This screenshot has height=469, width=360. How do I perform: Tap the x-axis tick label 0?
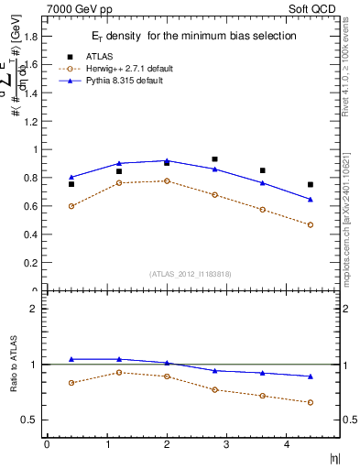pos(47,444)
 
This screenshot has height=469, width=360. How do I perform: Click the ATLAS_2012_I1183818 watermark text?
pos(191,273)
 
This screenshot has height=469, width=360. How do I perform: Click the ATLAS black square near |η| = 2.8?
pos(214,159)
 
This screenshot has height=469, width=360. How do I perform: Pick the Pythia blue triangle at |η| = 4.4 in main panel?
pos(311,199)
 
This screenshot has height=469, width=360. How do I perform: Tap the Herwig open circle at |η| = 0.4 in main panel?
pos(71,206)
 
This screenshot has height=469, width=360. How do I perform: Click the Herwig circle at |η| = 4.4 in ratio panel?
pos(311,402)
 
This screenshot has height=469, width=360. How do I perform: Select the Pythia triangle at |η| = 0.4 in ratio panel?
pos(71,359)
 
